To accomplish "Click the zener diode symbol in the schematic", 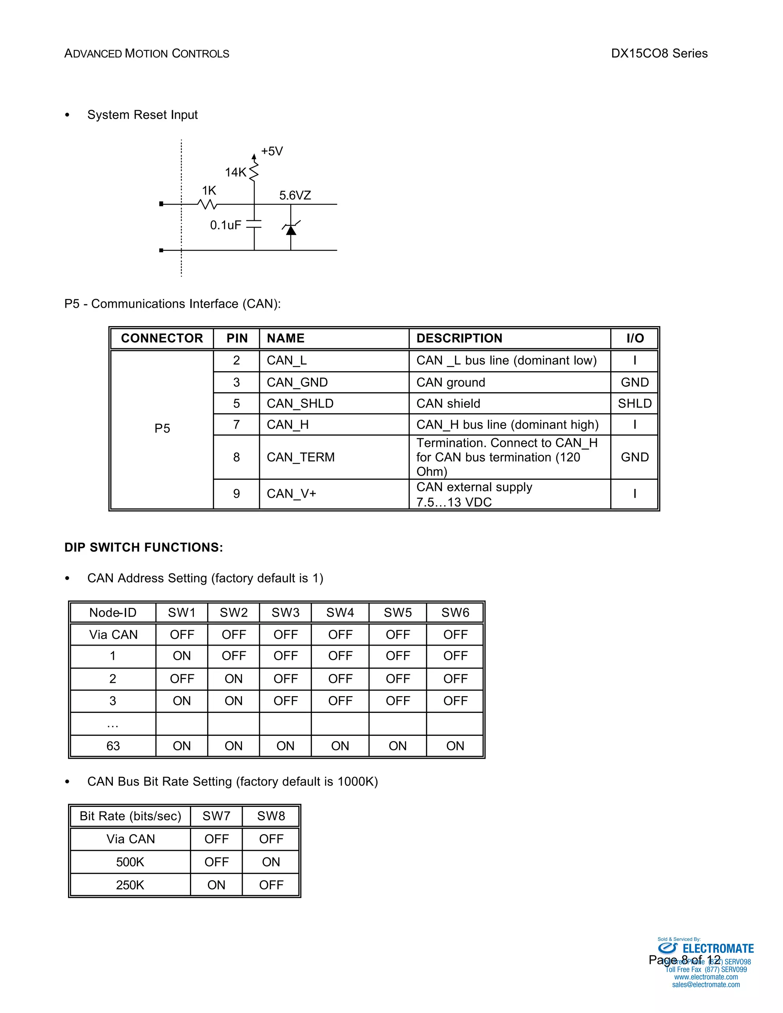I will [291, 229].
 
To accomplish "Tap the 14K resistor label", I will [236, 172].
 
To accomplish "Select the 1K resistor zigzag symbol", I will [207, 204].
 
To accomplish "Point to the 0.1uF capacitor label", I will [226, 226].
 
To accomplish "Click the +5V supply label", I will [272, 151].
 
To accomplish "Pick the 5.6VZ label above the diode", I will [295, 195].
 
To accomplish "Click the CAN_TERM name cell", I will [301, 457].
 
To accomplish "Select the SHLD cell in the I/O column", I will [635, 404].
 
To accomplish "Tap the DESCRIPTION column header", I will [459, 338].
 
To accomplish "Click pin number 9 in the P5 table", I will [237, 494].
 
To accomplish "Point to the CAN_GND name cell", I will [297, 382].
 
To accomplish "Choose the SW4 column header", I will [340, 613].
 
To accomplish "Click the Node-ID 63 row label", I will [113, 746].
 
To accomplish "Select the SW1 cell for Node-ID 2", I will [182, 679].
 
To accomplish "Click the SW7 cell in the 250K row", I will [216, 885].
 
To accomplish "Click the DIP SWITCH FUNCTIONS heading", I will [144, 547].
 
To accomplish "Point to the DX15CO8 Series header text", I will [659, 54].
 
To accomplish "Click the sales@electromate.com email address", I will [705, 984].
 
